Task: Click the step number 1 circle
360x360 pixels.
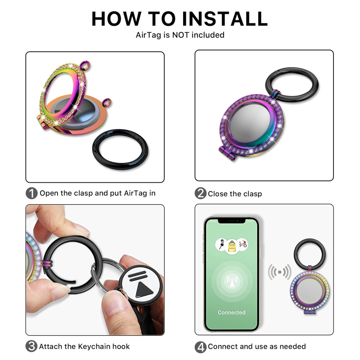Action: coord(31,193)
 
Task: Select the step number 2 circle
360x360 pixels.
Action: coord(200,193)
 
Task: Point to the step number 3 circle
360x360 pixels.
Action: coord(31,346)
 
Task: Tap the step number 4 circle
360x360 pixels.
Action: coord(200,347)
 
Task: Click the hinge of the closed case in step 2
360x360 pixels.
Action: coord(228,153)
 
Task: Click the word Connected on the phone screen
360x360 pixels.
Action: coord(232,312)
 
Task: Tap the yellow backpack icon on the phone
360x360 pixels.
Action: coord(232,246)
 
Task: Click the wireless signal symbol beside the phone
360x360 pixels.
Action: coord(279,272)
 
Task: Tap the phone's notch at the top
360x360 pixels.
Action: coord(232,221)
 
